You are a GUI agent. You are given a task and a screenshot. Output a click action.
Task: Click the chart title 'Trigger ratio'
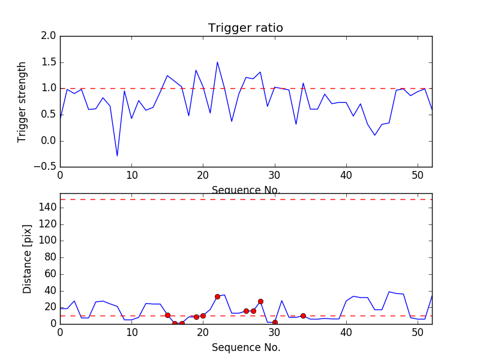[245, 28]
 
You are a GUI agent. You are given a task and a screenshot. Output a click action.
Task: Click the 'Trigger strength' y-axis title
[22, 101]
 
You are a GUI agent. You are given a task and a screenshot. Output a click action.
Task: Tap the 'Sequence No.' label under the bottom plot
[246, 347]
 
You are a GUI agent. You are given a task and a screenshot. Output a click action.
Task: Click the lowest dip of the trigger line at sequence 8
[117, 156]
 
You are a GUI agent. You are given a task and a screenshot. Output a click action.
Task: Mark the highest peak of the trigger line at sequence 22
[217, 62]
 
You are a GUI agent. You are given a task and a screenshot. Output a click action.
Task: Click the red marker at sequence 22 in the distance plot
[217, 296]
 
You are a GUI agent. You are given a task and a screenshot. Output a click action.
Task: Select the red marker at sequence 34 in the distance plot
[303, 316]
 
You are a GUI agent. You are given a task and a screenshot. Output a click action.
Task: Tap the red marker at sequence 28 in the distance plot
[260, 301]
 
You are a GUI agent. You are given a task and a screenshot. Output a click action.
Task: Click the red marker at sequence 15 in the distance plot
[167, 315]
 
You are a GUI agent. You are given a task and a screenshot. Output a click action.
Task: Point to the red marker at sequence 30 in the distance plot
[275, 322]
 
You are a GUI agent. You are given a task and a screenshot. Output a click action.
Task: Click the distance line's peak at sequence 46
[389, 292]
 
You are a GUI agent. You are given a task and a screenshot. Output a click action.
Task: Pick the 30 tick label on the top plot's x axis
[275, 175]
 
